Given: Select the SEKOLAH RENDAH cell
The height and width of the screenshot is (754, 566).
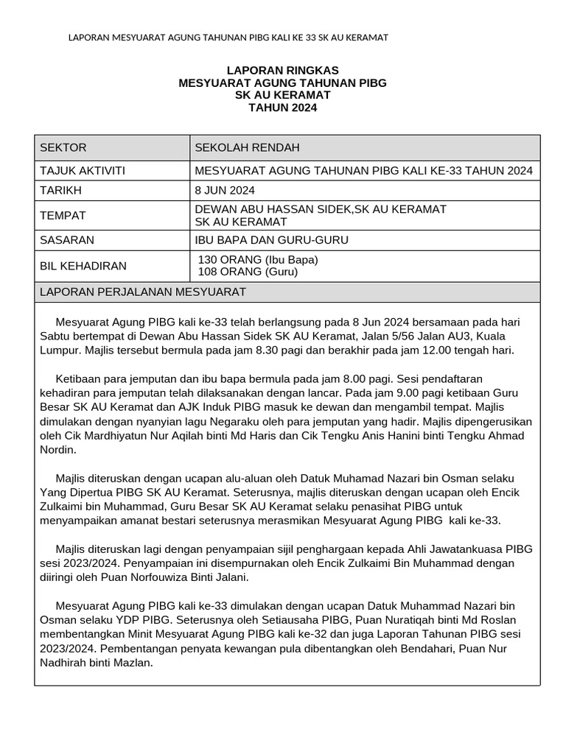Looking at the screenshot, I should pyautogui.click(x=247, y=148).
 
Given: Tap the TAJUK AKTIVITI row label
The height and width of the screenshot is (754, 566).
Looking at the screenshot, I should pyautogui.click(x=82, y=171).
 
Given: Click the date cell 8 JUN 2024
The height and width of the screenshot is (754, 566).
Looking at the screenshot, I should pyautogui.click(x=225, y=191).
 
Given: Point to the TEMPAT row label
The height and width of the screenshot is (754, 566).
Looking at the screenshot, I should pyautogui.click(x=63, y=216).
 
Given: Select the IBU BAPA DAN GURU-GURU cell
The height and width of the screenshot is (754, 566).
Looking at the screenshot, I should pyautogui.click(x=271, y=240).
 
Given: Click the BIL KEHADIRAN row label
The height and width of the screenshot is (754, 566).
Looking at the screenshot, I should pyautogui.click(x=83, y=266).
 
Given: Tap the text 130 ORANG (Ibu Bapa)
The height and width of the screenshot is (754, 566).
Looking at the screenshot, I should pyautogui.click(x=258, y=260).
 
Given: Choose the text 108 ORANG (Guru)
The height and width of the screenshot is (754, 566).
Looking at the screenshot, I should pyautogui.click(x=248, y=272).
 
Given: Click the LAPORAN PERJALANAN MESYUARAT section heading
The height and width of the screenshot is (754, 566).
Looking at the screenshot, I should pyautogui.click(x=142, y=292).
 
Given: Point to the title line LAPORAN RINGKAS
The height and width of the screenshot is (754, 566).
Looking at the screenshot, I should pyautogui.click(x=282, y=71).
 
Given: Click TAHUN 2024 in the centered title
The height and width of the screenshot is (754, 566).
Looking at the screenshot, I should pyautogui.click(x=282, y=108).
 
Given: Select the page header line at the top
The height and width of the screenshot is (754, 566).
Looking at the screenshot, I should pyautogui.click(x=228, y=37).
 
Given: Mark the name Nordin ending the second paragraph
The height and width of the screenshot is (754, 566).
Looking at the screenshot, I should pyautogui.click(x=57, y=449).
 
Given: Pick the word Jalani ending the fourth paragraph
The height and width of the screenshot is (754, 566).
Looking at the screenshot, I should pyautogui.click(x=231, y=577).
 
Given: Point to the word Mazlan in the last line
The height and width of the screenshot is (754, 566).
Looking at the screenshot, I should pyautogui.click(x=133, y=663).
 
